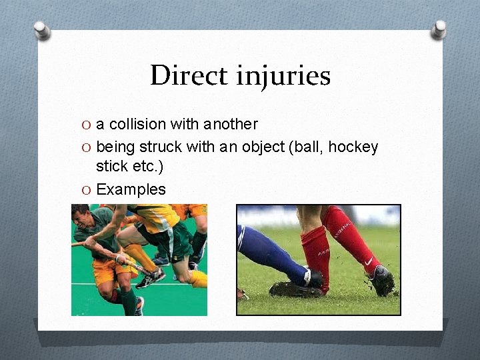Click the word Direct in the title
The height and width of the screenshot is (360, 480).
(189, 75)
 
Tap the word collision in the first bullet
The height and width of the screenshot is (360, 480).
(137, 125)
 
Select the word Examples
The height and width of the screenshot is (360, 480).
(131, 189)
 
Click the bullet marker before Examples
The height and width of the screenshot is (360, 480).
(85, 190)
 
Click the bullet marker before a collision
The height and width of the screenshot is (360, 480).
(85, 125)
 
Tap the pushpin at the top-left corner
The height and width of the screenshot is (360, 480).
(42, 29)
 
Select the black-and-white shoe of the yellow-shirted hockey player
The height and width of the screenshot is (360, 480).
(148, 277)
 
